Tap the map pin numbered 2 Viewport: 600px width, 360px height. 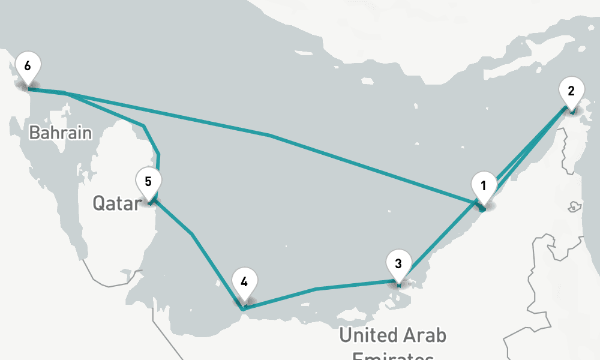[571, 92]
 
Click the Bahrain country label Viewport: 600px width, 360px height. [61, 133]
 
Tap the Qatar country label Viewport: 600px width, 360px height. [116, 203]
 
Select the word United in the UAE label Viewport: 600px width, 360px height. [367, 335]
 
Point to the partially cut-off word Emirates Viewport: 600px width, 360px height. [392, 355]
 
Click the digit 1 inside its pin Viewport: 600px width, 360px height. [484, 184]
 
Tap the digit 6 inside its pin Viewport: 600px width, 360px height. [28, 65]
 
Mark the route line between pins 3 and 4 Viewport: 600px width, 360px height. [315, 289]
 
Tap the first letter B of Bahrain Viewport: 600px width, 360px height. [35, 133]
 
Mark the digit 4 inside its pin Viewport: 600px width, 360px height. [244, 281]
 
